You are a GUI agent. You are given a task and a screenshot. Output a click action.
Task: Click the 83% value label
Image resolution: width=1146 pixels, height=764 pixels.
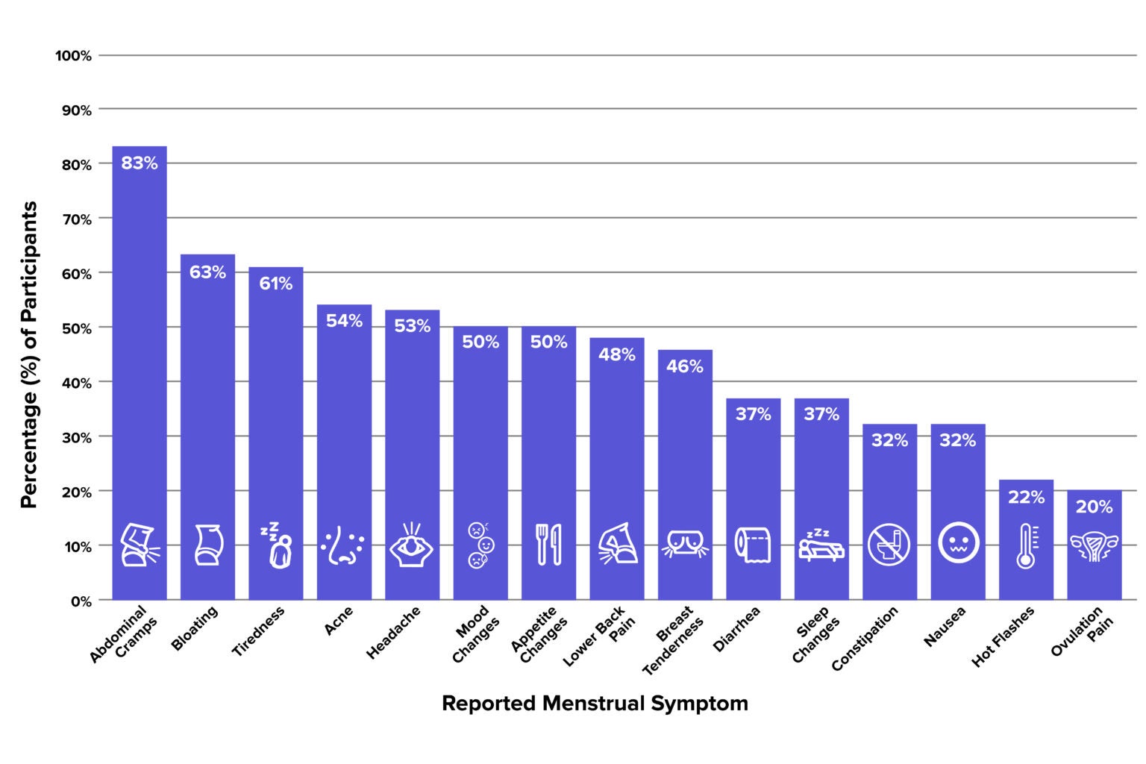(x=140, y=163)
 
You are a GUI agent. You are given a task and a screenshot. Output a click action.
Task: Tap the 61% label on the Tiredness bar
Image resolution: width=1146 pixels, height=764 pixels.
(x=275, y=284)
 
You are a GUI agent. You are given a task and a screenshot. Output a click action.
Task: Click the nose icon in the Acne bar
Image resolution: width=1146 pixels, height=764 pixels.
(x=343, y=545)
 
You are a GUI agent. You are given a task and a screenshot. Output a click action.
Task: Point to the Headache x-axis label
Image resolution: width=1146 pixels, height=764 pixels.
(x=393, y=633)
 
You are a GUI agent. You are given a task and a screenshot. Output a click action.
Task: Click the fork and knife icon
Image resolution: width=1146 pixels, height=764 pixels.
(x=548, y=544)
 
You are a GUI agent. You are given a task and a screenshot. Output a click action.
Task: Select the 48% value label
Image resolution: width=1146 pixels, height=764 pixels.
(x=616, y=354)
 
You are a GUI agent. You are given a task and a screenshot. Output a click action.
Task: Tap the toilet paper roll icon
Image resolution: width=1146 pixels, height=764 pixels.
(x=753, y=544)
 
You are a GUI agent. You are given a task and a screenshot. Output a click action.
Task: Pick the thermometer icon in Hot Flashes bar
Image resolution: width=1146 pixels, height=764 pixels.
(x=1027, y=545)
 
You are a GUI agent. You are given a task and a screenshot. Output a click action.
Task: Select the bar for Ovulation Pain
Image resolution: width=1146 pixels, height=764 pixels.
(x=1094, y=552)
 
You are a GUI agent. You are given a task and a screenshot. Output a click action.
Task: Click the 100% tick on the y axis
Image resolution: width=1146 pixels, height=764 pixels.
(x=73, y=56)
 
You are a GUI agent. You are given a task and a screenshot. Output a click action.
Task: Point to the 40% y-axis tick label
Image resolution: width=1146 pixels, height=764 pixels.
(x=76, y=383)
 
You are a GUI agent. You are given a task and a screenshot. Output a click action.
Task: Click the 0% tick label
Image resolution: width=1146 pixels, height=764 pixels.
(x=81, y=601)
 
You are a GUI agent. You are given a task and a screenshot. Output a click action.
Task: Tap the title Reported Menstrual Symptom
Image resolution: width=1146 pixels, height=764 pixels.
(x=595, y=704)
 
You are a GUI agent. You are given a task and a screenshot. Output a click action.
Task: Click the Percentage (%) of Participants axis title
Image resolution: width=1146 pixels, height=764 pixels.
(x=28, y=355)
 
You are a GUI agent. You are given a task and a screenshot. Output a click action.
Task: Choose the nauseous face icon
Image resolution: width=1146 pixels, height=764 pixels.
(x=958, y=543)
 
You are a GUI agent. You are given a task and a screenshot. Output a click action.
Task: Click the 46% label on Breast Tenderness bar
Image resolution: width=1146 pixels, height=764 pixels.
(x=684, y=366)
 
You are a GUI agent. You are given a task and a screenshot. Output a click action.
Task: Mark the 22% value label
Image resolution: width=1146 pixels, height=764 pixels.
(x=1026, y=497)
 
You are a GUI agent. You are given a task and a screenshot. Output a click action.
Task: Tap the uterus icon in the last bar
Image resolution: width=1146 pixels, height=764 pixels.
(x=1094, y=546)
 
